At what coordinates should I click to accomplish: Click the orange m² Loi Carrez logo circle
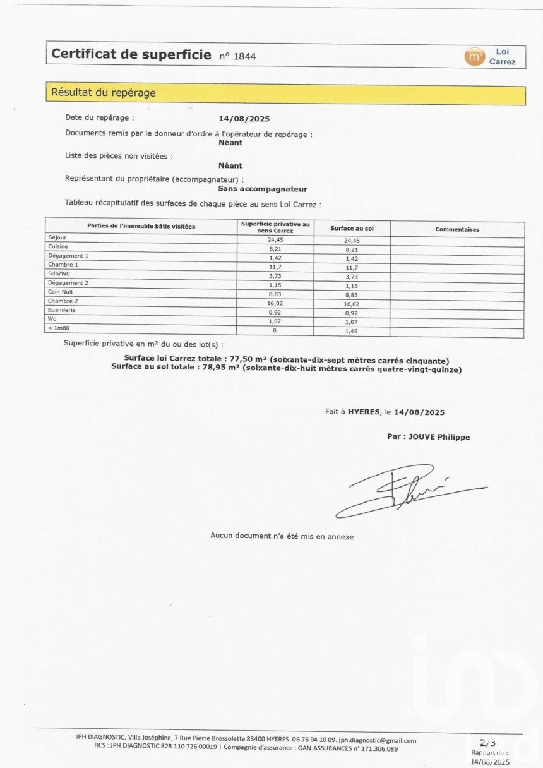pos(474,57)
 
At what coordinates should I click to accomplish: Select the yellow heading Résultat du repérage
pos(104,93)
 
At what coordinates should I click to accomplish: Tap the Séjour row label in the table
pos(57,237)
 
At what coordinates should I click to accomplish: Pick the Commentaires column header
pos(457,229)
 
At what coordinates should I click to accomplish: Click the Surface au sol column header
pos(352,228)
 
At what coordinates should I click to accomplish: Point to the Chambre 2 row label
pos(63,301)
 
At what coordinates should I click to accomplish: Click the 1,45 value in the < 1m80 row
pos(352,332)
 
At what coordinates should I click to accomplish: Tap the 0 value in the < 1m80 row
pos(275,331)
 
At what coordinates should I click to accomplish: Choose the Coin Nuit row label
pos(61,292)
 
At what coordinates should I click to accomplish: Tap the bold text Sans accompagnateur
pos(263,189)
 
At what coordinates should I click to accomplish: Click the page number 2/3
pos(487,743)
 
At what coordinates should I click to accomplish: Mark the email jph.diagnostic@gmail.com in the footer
pos(378,740)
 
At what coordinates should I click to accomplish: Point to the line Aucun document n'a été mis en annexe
pos(282,536)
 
